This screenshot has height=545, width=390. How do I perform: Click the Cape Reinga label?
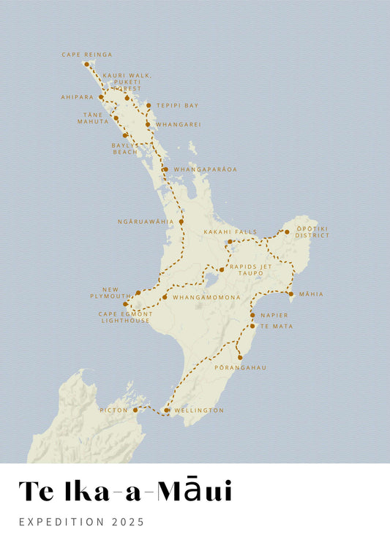click(x=87, y=54)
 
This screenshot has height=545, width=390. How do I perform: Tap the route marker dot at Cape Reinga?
click(x=86, y=64)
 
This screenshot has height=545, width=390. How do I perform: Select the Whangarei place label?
click(x=178, y=124)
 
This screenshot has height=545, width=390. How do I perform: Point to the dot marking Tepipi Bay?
click(x=149, y=105)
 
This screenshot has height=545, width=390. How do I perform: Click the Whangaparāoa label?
click(x=205, y=169)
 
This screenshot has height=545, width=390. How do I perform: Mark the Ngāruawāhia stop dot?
click(x=181, y=221)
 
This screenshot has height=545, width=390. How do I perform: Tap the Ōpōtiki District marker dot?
click(x=287, y=232)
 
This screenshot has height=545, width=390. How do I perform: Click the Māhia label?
click(x=311, y=294)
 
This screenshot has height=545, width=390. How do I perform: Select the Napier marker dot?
click(x=252, y=315)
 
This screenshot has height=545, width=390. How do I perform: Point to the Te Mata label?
click(x=277, y=326)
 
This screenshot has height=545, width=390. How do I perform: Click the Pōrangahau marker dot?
click(x=239, y=357)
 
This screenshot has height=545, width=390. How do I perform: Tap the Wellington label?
click(x=199, y=411)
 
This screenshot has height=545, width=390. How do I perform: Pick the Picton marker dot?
click(x=135, y=411)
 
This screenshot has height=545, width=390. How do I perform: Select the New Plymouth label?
click(x=116, y=291)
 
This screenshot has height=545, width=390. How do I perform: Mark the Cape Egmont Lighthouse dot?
click(x=125, y=305)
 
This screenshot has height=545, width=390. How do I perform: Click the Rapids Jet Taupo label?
click(x=250, y=270)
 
